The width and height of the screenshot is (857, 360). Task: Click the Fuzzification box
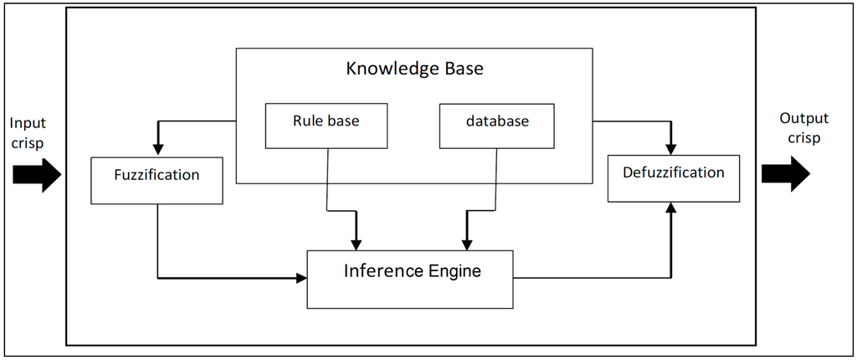[157, 179]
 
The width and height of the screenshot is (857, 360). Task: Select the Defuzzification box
[674, 177]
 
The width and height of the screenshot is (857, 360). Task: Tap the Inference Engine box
[410, 279]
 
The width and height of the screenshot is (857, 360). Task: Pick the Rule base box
[326, 125]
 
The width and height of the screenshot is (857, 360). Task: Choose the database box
[497, 125]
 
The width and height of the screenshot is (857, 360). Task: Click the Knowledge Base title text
[414, 69]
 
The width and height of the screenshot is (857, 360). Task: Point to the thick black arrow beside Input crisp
[38, 177]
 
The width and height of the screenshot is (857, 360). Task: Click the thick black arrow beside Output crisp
[785, 173]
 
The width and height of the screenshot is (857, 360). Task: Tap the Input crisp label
[28, 132]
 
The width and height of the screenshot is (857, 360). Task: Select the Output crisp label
[800, 128]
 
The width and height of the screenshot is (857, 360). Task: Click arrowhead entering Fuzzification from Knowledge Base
[157, 149]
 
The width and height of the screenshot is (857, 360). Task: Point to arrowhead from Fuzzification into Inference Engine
[302, 278]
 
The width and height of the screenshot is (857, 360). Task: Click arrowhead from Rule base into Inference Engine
[357, 244]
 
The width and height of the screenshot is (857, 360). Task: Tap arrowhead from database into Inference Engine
[467, 244]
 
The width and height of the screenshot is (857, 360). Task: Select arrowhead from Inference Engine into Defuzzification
[670, 207]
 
